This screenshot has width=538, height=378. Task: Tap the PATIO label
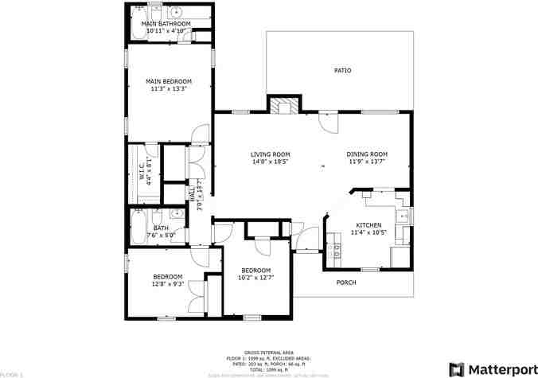pos(342,71)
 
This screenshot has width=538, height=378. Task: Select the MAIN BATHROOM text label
pos(166,24)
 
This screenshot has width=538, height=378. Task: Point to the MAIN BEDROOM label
pos(168,81)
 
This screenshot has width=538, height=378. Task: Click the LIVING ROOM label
pos(270,154)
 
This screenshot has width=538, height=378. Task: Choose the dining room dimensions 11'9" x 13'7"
pos(366,162)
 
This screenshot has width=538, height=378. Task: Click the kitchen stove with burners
pos(336,251)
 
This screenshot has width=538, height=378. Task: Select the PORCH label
pos(346,283)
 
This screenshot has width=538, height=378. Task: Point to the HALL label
pos(192,193)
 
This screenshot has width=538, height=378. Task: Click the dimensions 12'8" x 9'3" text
pos(168,283)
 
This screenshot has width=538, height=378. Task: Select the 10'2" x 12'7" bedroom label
pos(255,278)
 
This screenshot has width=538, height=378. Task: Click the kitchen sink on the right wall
pos(403,215)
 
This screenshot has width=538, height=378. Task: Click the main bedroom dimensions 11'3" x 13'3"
pos(168,89)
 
